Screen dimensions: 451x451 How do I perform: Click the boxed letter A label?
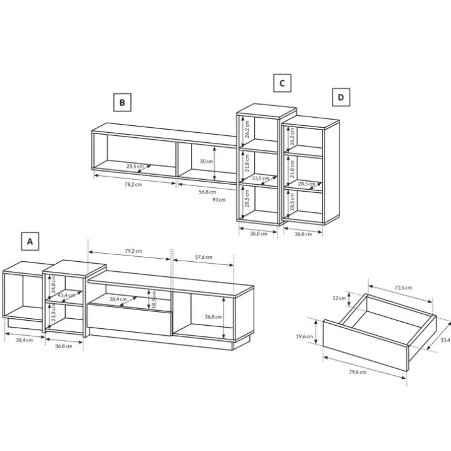coord(30,241)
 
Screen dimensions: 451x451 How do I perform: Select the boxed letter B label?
coord(122,102)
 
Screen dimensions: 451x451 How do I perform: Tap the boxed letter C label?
coord(282,83)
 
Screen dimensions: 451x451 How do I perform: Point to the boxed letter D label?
coord(341,97)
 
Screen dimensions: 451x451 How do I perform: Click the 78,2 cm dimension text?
coord(133,184)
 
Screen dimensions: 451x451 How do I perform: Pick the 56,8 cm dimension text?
coord(207,192)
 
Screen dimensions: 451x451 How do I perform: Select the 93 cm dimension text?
coord(219,200)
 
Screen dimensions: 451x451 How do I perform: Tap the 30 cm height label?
coord(207,161)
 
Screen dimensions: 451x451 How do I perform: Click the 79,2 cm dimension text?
coord(133,251)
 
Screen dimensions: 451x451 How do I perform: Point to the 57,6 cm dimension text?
coord(204,257)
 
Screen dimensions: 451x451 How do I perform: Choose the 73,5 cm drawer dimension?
coord(403,288)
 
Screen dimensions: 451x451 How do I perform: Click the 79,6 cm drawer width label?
coord(358,372)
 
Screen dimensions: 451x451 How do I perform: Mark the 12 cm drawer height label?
coord(339,298)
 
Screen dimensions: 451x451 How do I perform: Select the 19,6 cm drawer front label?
coord(304,336)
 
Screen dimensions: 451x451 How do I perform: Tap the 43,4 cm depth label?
coord(66,296)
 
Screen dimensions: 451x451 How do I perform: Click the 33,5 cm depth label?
coord(261,179)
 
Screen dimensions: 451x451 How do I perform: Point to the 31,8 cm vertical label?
coord(247,163)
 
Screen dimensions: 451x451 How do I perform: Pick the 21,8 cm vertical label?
coord(293,169)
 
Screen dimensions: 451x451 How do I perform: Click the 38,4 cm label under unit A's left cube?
coord(24,340)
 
